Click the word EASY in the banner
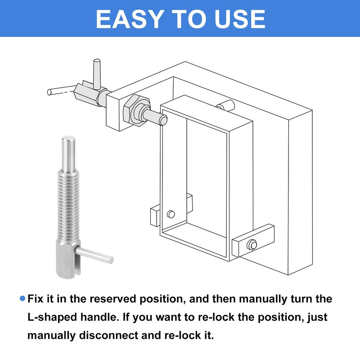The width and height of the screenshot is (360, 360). click(x=130, y=19)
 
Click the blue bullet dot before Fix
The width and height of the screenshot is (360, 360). click(x=22, y=298)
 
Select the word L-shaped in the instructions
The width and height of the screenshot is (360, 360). click(x=52, y=317)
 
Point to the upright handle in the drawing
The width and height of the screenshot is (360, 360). click(x=97, y=74)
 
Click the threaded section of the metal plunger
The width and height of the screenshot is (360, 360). click(x=68, y=204)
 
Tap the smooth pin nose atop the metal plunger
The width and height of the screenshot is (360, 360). click(x=68, y=153)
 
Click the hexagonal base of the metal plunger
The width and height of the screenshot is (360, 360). click(x=68, y=258)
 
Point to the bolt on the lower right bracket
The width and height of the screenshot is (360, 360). click(x=252, y=245)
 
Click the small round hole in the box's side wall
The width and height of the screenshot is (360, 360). click(x=171, y=214)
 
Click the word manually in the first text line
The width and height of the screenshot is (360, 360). click(x=263, y=299)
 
